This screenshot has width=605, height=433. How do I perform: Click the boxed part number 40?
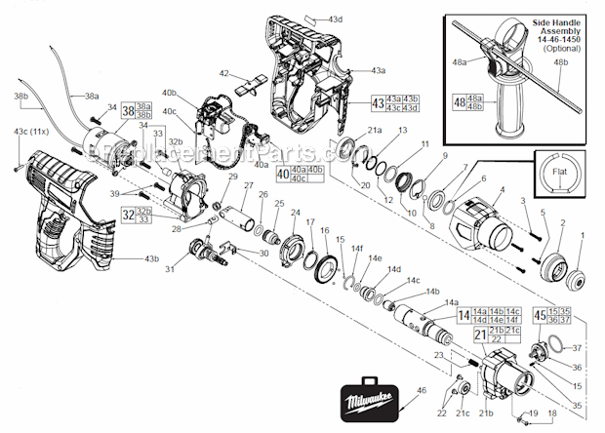284,175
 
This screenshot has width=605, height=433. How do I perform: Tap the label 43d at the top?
335,20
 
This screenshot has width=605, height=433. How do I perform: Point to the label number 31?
196,269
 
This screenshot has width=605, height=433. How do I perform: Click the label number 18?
554,413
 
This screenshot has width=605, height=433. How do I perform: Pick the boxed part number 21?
480,335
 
